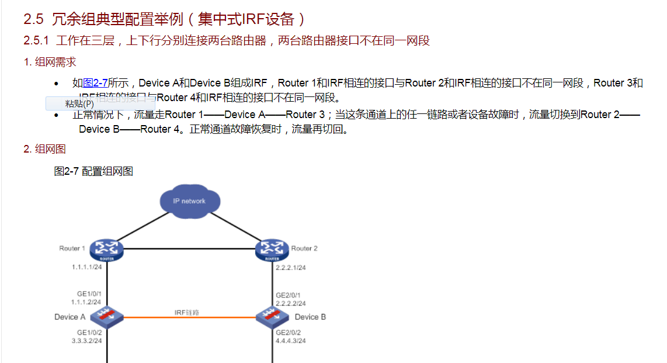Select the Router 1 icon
pyautogui.click(x=107, y=250)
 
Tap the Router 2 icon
pyautogui.click(x=272, y=250)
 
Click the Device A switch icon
pyautogui.click(x=107, y=317)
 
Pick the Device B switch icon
pyautogui.click(x=273, y=317)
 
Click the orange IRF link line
pyautogui.click(x=189, y=317)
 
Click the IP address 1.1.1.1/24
pyautogui.click(x=86, y=267)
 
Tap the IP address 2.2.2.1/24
pyautogui.click(x=290, y=268)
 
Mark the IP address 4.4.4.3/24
pyautogui.click(x=290, y=340)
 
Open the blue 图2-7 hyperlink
pyautogui.click(x=95, y=83)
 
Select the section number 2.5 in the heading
pyautogui.click(x=33, y=19)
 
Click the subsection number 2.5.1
pyautogui.click(x=36, y=41)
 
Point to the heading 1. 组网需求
pyautogui.click(x=50, y=62)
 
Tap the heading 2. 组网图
pyautogui.click(x=44, y=149)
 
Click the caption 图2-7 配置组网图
pyautogui.click(x=93, y=171)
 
